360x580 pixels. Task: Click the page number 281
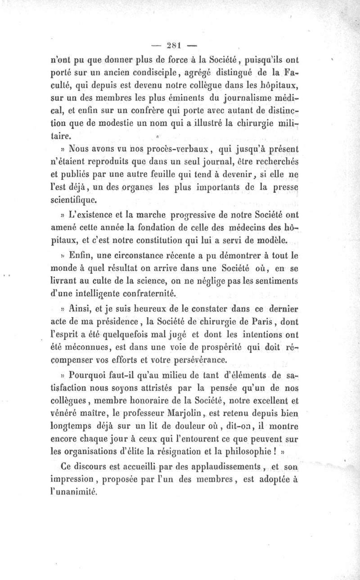173,45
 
